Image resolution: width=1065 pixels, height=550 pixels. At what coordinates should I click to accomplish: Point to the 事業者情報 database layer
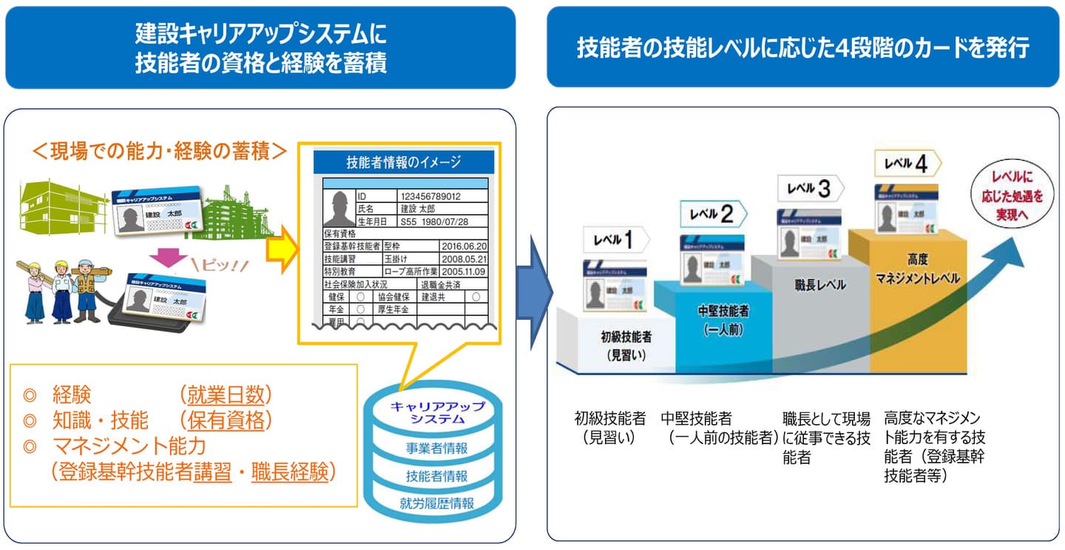tap(436, 449)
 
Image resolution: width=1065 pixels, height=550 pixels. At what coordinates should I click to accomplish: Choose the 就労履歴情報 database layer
tap(436, 503)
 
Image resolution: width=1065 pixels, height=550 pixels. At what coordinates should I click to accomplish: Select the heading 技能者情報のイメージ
tap(403, 162)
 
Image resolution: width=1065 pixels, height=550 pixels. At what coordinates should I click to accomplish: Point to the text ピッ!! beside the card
tap(220, 266)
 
